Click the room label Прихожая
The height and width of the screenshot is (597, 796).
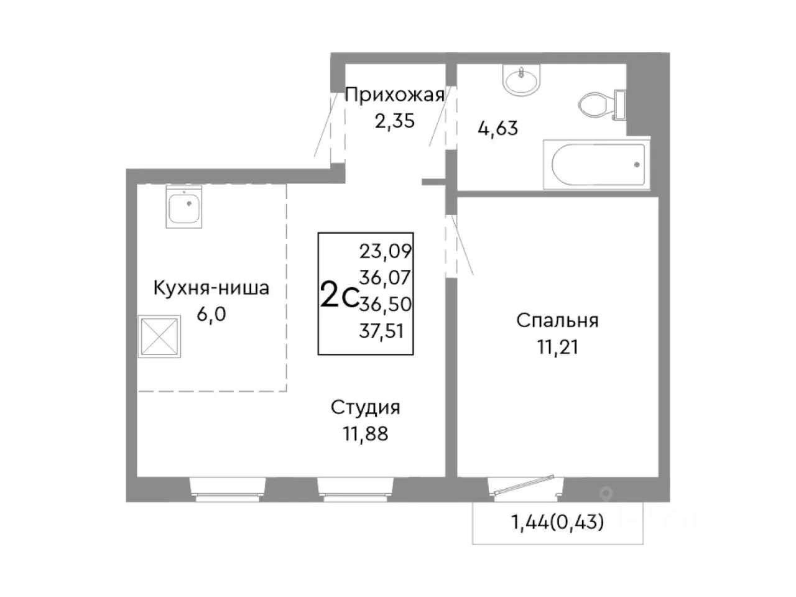pyautogui.click(x=394, y=95)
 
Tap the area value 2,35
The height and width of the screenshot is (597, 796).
pyautogui.click(x=394, y=120)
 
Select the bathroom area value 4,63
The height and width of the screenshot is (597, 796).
pyautogui.click(x=497, y=129)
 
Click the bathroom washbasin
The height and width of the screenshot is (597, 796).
pyautogui.click(x=522, y=82)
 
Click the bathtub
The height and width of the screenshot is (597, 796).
pyautogui.click(x=596, y=164)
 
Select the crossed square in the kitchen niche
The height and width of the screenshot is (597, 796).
pyautogui.click(x=160, y=338)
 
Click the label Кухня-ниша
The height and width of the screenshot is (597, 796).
pyautogui.click(x=211, y=289)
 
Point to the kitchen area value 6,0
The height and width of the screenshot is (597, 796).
pyautogui.click(x=211, y=313)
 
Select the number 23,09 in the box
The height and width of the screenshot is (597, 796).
pyautogui.click(x=386, y=251)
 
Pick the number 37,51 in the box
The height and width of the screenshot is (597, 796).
pyautogui.click(x=382, y=331)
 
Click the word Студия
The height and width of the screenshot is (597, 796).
pyautogui.click(x=365, y=408)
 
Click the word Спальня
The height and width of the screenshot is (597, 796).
pyautogui.click(x=557, y=321)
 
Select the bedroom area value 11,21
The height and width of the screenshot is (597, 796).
pyautogui.click(x=557, y=346)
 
